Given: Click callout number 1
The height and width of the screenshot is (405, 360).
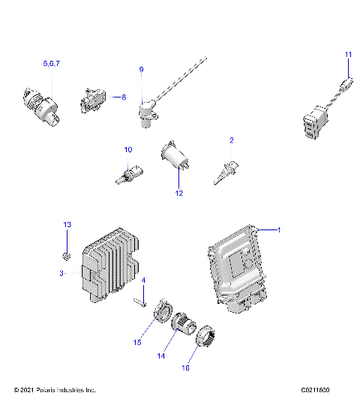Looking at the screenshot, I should tap(280, 230).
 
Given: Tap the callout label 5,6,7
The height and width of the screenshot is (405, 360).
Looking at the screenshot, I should tap(52, 65).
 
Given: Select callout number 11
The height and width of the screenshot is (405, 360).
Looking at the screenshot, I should tap(348, 55).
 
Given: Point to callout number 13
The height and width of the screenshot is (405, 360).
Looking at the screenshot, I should tap(66, 225).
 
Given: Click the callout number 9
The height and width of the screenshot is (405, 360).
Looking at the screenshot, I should tap(140, 70).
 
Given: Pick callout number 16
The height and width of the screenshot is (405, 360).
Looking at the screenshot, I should tap(206, 368).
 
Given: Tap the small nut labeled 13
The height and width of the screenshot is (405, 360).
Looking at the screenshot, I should tap(67, 256).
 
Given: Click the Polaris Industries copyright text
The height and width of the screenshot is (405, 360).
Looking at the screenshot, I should tap(55, 390).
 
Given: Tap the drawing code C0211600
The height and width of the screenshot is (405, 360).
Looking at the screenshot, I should tap(320, 390).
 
